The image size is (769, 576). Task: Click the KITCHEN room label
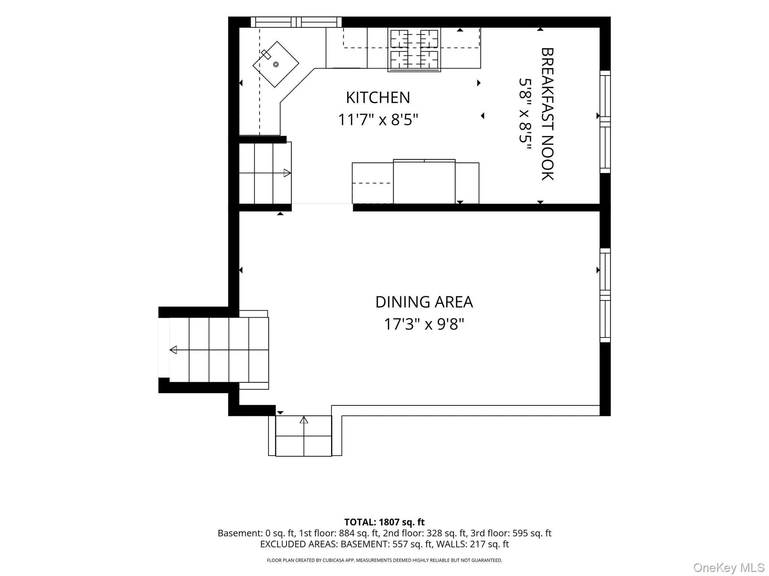pos(378,97)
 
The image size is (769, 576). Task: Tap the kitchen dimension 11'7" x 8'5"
pos(378,120)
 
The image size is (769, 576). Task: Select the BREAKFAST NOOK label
pos(547,114)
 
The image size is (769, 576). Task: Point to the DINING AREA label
pos(424,302)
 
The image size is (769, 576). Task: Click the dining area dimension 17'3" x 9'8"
pos(424,324)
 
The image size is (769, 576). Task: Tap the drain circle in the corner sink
pos(276,64)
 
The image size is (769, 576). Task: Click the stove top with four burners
pos(414,49)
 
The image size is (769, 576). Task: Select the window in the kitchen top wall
pos(296,22)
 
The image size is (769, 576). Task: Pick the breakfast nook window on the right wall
pos(605,122)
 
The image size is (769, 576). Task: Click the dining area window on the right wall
pos(605,295)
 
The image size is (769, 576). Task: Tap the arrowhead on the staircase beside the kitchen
pos(287,173)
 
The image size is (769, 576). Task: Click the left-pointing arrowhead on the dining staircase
pos(173,350)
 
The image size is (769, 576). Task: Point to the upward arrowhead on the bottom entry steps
pos(304,420)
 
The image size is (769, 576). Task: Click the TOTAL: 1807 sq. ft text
pos(384,522)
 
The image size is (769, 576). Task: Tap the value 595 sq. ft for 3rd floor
pos(532,533)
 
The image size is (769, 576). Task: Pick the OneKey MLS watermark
pos(729,567)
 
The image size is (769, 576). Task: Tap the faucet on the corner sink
pos(266,55)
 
